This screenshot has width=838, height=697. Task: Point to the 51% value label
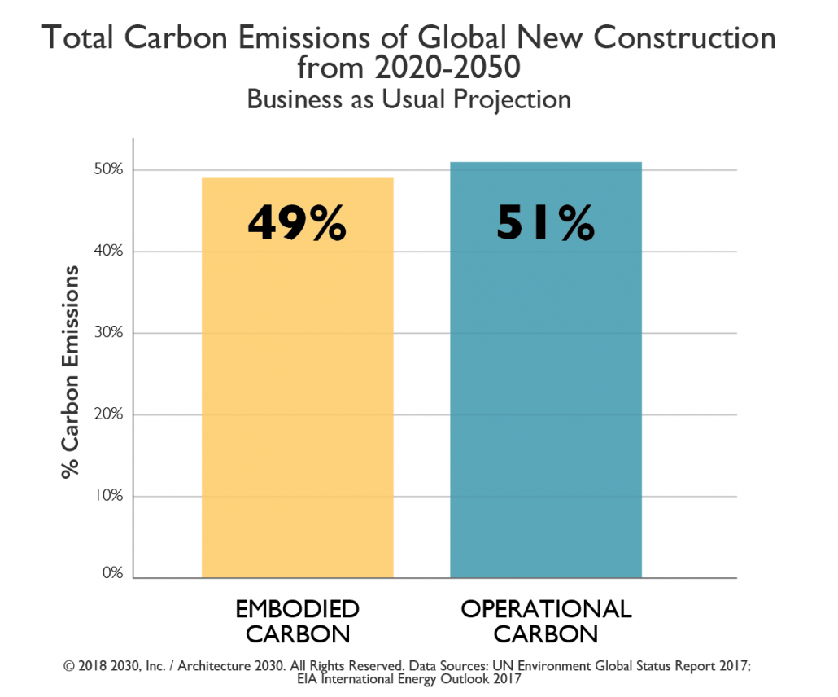pos(546,222)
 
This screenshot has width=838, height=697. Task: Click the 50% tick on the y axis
pos(108,170)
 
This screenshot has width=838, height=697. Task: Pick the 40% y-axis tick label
pos(108,252)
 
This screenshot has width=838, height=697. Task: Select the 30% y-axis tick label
pos(108,333)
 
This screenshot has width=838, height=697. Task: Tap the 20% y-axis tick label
pos(108,414)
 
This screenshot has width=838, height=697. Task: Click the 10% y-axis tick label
pos(108,496)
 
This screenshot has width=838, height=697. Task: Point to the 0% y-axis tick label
pos(111,573)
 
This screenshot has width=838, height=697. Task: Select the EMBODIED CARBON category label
pos(297,621)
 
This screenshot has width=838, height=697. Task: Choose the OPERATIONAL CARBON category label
pos(546,621)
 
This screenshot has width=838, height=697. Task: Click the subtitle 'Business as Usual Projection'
pos(408,99)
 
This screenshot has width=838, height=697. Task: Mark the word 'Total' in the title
pos(74,38)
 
